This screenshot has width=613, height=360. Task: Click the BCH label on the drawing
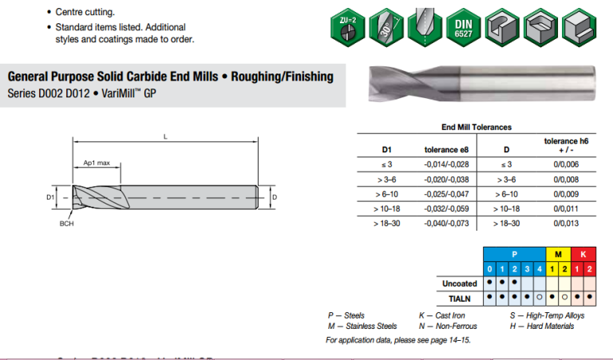66,224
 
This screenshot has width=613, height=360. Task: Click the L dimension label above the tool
165,136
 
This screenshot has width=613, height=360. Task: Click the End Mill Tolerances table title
476,127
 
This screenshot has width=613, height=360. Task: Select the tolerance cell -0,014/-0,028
446,164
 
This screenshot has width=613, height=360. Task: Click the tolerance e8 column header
446,149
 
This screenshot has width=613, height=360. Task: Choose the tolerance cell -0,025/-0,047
446,194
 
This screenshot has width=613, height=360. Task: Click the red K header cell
583,254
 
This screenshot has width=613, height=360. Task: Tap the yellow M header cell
557,254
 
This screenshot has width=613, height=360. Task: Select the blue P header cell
514,254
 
